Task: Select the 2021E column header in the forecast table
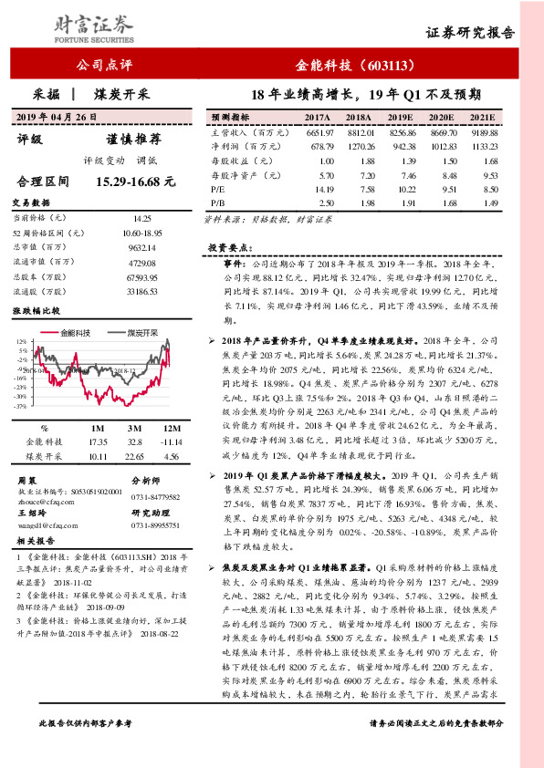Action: point(482,119)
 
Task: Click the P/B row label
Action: point(217,203)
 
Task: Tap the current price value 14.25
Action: point(142,218)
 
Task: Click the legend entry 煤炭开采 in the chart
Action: point(142,333)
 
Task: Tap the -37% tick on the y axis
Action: point(21,406)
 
